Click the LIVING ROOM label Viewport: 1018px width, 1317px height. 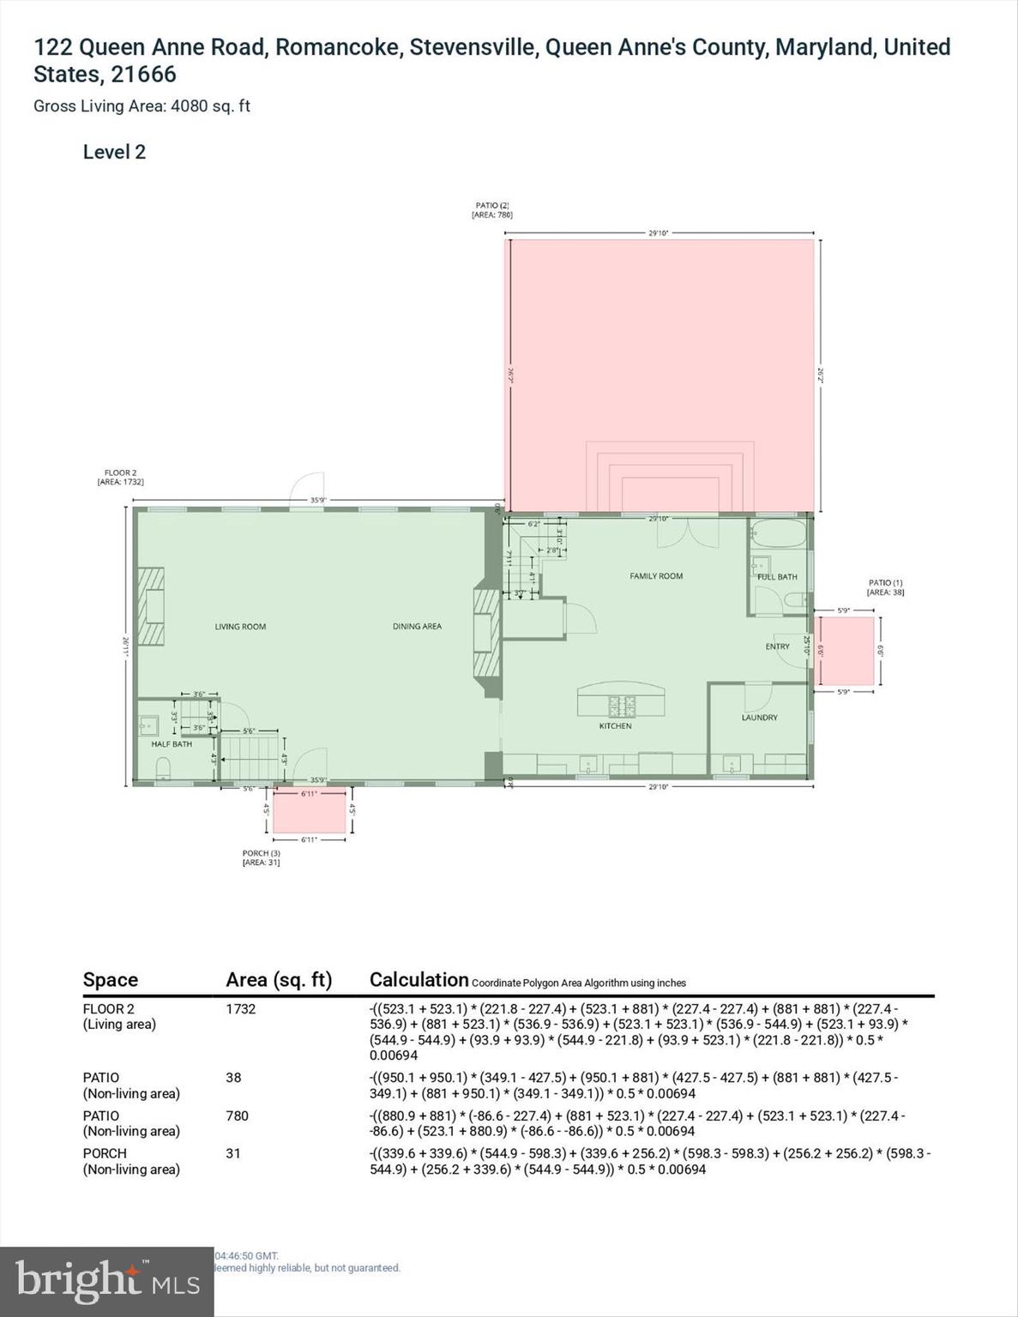[x=240, y=627]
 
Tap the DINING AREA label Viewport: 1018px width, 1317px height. [x=417, y=627]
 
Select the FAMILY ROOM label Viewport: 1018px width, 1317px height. [x=656, y=576]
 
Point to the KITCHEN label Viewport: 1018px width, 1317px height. [x=615, y=726]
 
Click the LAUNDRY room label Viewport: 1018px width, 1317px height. [x=759, y=718]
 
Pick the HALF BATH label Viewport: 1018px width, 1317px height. [x=172, y=744]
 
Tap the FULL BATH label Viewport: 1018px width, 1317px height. [x=777, y=577]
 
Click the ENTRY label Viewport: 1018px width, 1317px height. [x=777, y=646]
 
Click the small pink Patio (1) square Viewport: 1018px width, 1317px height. [x=845, y=651]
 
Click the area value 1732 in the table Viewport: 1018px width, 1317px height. [x=240, y=1009]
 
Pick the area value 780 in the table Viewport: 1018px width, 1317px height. [x=237, y=1116]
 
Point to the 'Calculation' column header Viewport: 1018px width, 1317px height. [x=419, y=979]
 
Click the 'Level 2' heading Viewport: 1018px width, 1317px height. [x=114, y=152]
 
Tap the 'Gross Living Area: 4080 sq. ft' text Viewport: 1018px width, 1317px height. [x=142, y=106]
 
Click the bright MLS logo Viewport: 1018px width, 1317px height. [x=106, y=1281]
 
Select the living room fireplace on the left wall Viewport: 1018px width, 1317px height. [x=153, y=604]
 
